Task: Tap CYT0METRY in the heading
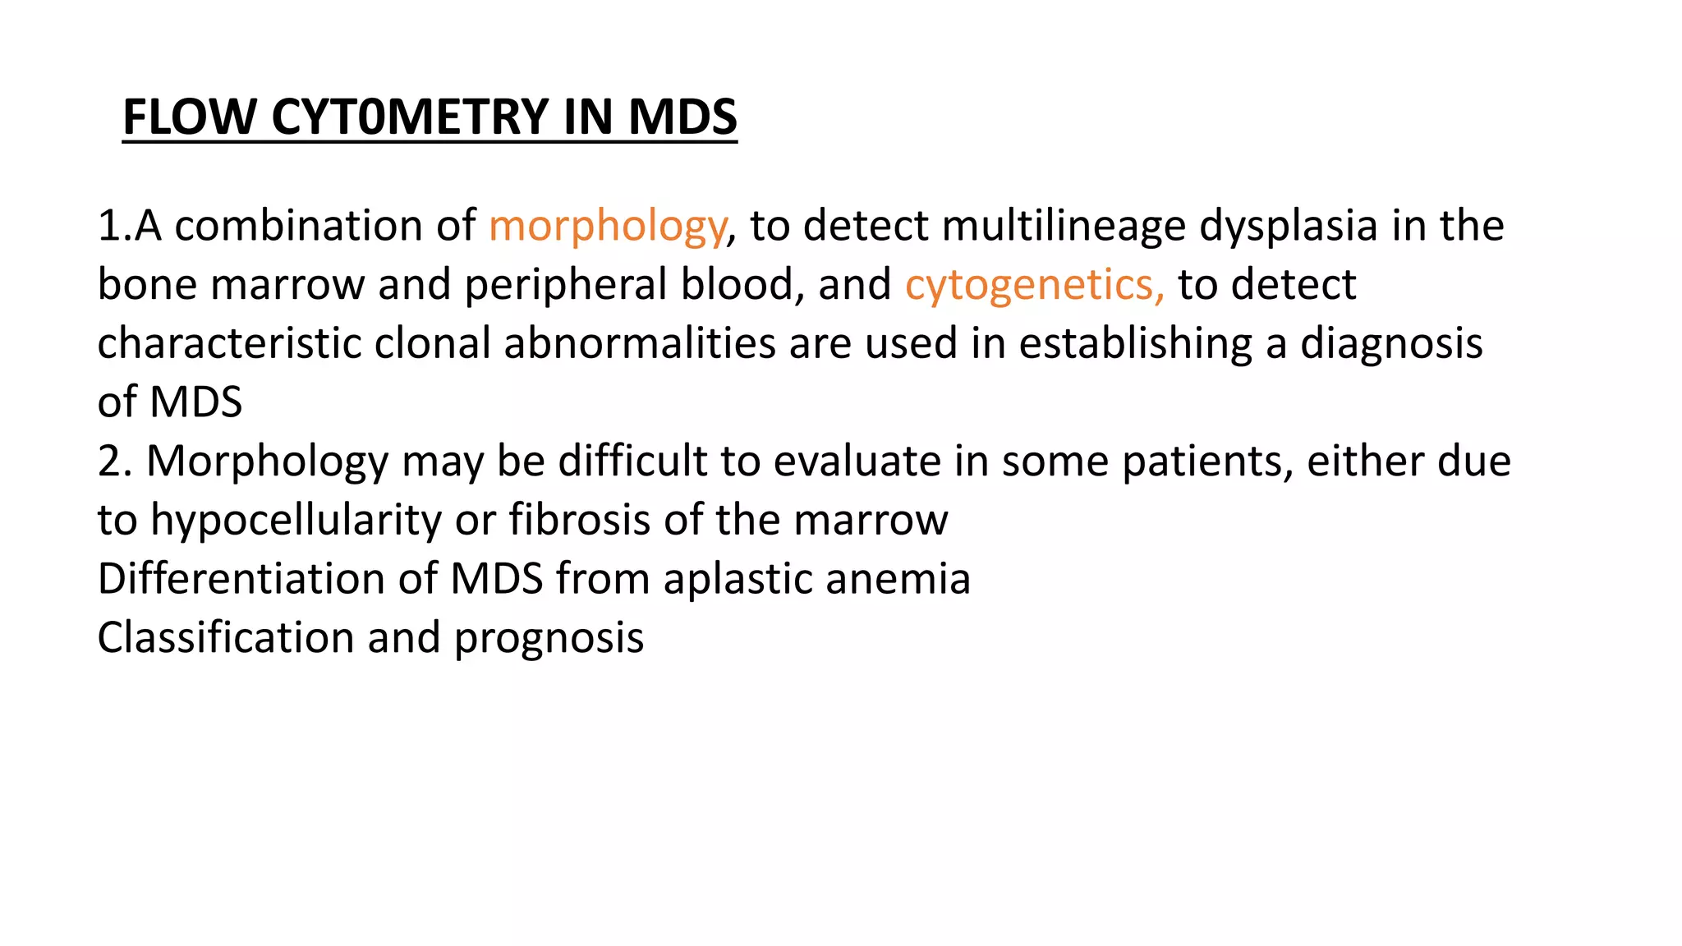[x=410, y=117]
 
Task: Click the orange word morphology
[x=607, y=226]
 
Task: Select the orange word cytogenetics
[x=1034, y=285]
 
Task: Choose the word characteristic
[x=229, y=343]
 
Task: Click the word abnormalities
[x=640, y=343]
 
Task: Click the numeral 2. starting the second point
[x=115, y=461]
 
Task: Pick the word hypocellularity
[x=296, y=520]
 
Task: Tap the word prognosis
[x=549, y=638]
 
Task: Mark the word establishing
[x=1135, y=343]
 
